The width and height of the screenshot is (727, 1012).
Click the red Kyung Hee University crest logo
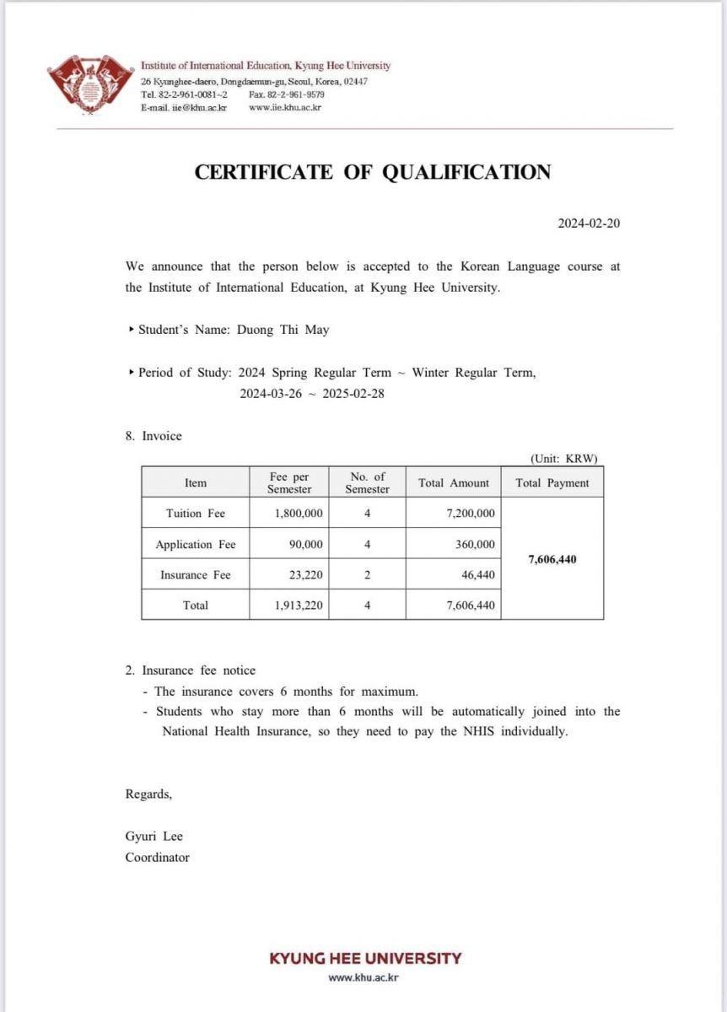pos(92,85)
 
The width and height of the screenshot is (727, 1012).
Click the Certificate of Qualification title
pos(372,172)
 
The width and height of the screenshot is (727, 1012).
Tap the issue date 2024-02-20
pos(590,223)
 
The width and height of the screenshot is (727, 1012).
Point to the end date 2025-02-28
pos(348,393)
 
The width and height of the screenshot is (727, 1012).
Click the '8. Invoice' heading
pos(153,436)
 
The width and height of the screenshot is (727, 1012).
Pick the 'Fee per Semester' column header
pos(289,483)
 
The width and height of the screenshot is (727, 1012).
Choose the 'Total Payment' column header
pos(552,483)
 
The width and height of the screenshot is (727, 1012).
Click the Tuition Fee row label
pos(196,513)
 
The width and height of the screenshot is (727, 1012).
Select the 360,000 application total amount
pos(474,545)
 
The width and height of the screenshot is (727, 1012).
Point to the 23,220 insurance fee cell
pos(304,575)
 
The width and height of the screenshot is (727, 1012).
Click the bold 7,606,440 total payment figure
pos(552,559)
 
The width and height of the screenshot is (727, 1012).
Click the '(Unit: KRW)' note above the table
pos(564,459)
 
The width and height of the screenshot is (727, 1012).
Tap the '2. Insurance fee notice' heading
pos(191,670)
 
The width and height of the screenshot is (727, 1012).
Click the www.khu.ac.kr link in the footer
pos(363,977)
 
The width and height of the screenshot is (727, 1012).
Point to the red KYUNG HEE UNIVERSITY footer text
pos(365,958)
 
